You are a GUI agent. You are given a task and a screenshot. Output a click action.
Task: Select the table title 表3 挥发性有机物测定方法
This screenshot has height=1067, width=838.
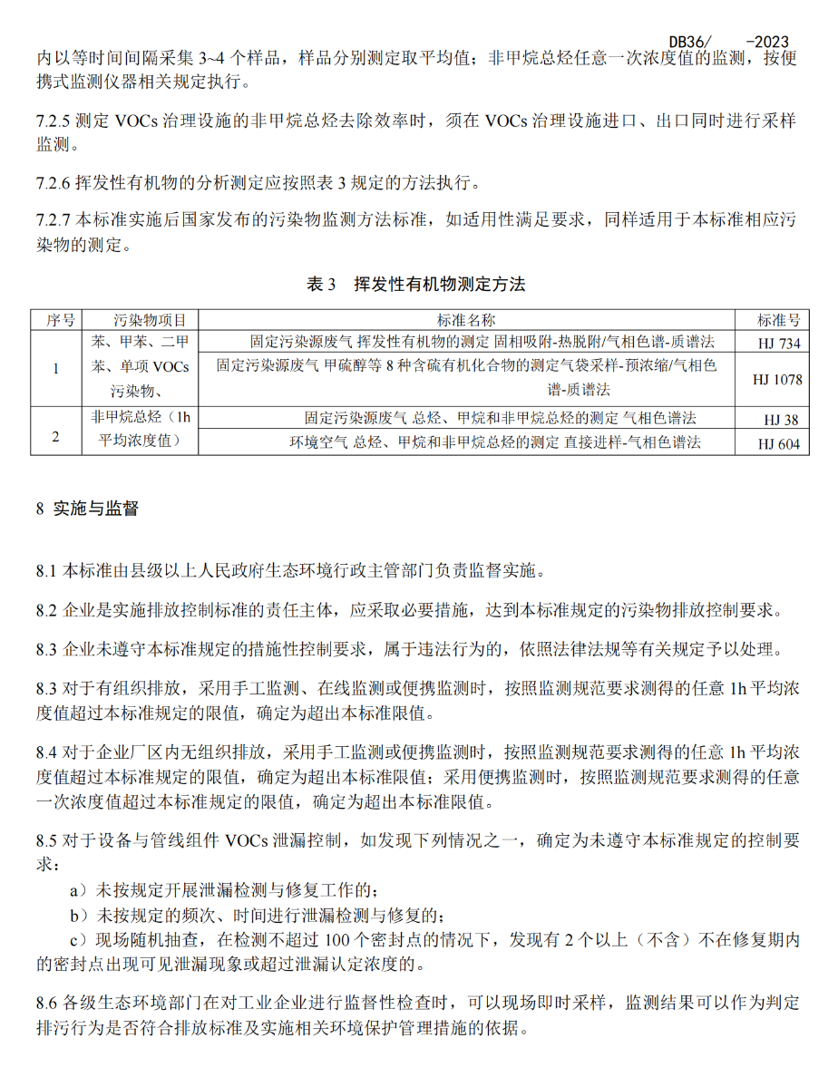pyautogui.click(x=416, y=284)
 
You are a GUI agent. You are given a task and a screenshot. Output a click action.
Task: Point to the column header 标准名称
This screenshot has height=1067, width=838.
pyautogui.click(x=465, y=320)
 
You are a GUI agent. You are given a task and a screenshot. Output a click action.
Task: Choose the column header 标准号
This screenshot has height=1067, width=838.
pyautogui.click(x=778, y=320)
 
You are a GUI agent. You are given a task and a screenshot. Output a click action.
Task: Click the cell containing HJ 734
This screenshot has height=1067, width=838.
pyautogui.click(x=778, y=343)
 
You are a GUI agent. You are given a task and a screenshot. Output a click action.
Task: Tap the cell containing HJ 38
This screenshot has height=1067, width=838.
pyautogui.click(x=778, y=419)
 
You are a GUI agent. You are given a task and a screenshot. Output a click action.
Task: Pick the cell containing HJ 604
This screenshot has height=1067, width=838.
pyautogui.click(x=778, y=442)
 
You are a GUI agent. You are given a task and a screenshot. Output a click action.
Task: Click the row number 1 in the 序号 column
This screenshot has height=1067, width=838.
pyautogui.click(x=56, y=368)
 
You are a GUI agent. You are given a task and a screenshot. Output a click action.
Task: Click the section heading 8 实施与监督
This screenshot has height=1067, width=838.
pyautogui.click(x=87, y=509)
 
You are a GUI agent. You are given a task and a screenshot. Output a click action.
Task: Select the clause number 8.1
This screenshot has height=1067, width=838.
pyautogui.click(x=47, y=571)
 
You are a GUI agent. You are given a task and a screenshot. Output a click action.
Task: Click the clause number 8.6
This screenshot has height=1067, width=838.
pyautogui.click(x=47, y=1004)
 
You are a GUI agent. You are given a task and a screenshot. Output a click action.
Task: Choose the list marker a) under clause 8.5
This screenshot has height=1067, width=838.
pyautogui.click(x=79, y=892)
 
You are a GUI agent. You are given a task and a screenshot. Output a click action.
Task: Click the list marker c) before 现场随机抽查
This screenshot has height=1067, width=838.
pyautogui.click(x=79, y=941)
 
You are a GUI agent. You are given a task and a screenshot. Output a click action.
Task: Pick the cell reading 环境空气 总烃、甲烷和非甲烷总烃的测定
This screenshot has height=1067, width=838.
pyautogui.click(x=494, y=442)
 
